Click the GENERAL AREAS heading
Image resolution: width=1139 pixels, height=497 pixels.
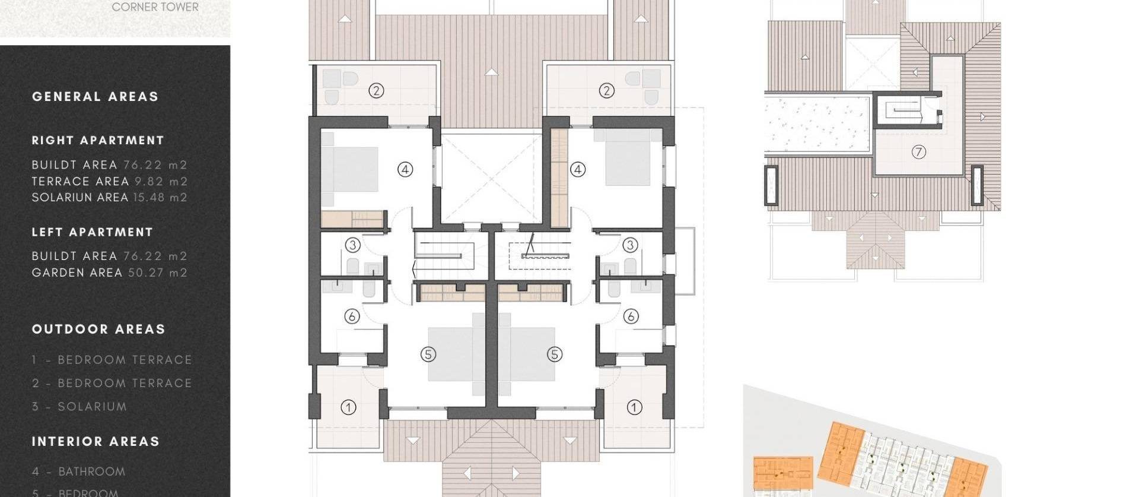click(95, 97)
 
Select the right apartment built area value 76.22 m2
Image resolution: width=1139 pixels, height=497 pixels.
click(155, 165)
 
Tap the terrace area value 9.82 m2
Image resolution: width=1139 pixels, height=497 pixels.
click(161, 182)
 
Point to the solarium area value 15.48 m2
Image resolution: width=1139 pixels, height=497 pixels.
click(160, 198)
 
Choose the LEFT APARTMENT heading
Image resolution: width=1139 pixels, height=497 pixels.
click(92, 232)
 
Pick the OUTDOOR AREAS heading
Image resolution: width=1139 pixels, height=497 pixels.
click(98, 330)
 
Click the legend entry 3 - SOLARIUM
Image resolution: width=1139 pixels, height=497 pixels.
click(79, 407)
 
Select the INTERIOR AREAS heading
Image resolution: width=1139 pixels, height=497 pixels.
click(96, 442)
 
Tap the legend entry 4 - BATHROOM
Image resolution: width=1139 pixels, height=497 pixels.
click(79, 472)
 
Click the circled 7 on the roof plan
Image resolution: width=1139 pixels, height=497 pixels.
click(918, 152)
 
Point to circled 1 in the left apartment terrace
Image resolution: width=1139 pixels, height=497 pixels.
click(348, 407)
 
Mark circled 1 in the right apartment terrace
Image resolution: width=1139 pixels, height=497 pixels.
click(634, 407)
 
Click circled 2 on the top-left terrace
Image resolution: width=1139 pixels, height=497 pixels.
click(376, 91)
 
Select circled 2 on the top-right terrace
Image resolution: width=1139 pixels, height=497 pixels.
click(606, 91)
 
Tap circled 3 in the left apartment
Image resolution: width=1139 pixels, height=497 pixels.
click(352, 245)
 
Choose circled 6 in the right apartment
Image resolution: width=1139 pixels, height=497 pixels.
click(631, 316)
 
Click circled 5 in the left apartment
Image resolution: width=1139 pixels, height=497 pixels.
click(428, 354)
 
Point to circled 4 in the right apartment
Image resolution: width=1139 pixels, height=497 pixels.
click(578, 170)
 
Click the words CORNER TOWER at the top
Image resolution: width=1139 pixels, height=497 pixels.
click(155, 7)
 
